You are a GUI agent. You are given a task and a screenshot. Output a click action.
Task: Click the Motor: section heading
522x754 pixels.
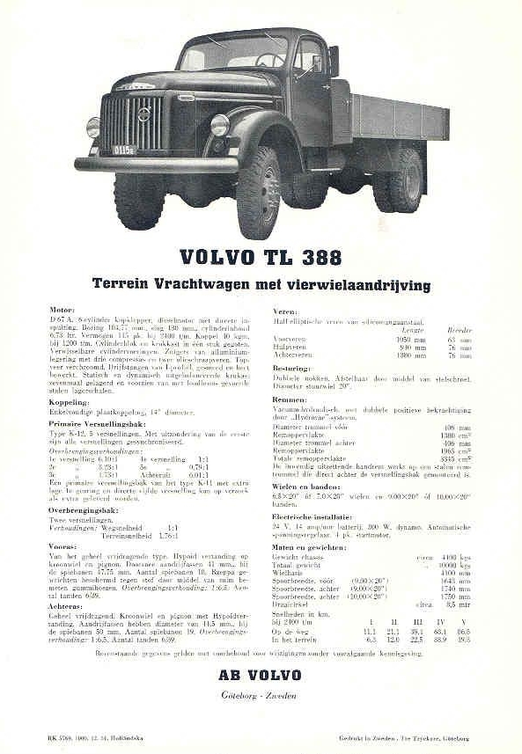(x=61, y=311)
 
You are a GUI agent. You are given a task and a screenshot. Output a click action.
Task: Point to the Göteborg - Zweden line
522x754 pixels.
(x=261, y=695)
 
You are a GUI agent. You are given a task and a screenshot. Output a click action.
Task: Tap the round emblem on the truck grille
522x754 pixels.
(x=143, y=114)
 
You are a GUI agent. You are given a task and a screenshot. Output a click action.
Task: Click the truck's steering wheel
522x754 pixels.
(x=269, y=60)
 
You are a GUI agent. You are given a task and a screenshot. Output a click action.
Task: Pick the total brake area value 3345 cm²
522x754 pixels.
(x=459, y=458)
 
